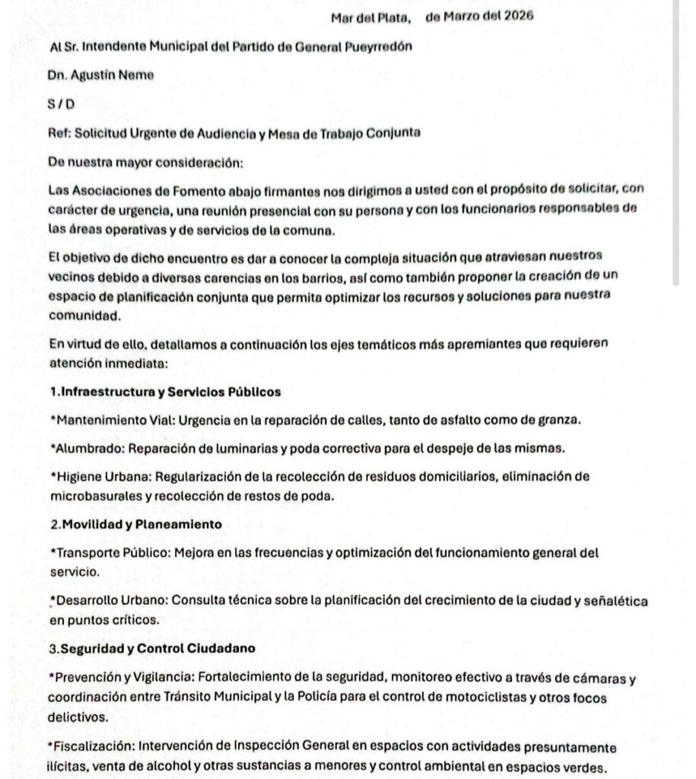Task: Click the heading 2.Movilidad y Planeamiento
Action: click(x=135, y=525)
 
